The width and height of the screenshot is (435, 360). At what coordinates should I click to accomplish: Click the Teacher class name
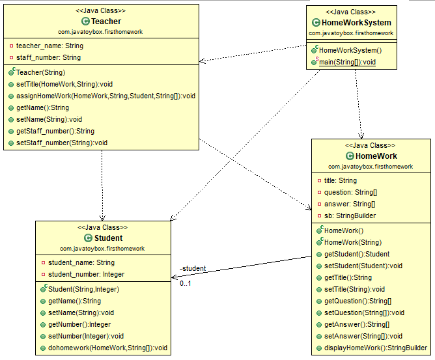[x=106, y=21]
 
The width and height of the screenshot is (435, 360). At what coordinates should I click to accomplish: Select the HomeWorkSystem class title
[x=356, y=23]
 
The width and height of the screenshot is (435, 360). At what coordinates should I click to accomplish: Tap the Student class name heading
[x=108, y=238]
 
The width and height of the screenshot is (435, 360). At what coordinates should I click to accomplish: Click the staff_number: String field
[x=49, y=58]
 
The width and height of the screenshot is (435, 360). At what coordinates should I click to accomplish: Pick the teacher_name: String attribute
[x=49, y=46]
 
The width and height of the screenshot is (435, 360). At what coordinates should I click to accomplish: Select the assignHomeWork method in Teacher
[x=105, y=96]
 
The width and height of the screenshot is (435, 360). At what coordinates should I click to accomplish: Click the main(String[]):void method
[x=347, y=62]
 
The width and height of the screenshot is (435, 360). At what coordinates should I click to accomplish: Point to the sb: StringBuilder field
[x=350, y=215]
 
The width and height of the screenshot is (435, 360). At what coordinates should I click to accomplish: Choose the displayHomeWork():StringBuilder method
[x=376, y=348]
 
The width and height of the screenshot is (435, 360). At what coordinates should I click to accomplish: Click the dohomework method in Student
[x=107, y=348]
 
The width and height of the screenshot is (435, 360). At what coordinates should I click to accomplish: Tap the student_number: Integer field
[x=86, y=274]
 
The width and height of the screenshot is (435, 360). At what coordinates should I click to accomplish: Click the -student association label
[x=193, y=268]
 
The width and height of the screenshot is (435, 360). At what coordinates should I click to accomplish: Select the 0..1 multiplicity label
[x=186, y=283]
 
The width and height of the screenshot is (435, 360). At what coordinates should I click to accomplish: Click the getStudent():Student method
[x=357, y=254]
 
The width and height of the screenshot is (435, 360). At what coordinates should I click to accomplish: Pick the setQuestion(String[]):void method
[x=364, y=313]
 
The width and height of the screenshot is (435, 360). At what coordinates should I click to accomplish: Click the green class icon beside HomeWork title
[x=350, y=156]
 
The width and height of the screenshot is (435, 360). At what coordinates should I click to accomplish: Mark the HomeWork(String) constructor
[x=353, y=242]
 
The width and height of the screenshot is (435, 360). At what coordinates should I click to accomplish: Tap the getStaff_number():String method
[x=55, y=132]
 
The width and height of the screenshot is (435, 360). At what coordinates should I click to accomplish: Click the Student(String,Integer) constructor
[x=84, y=289]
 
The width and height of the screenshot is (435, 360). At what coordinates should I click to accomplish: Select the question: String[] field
[x=350, y=193]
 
